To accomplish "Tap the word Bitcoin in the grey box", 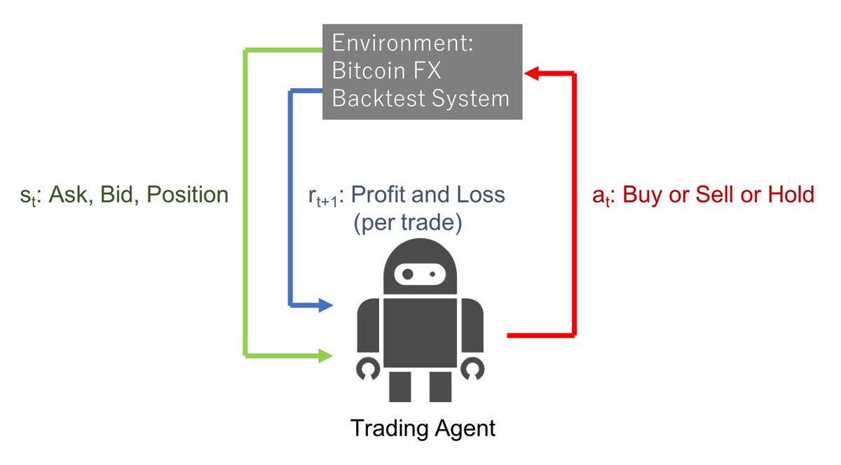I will (367, 71).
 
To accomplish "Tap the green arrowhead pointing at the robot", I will (324, 356).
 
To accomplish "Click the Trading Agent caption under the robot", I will (423, 428).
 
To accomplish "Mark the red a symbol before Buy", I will (596, 195).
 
